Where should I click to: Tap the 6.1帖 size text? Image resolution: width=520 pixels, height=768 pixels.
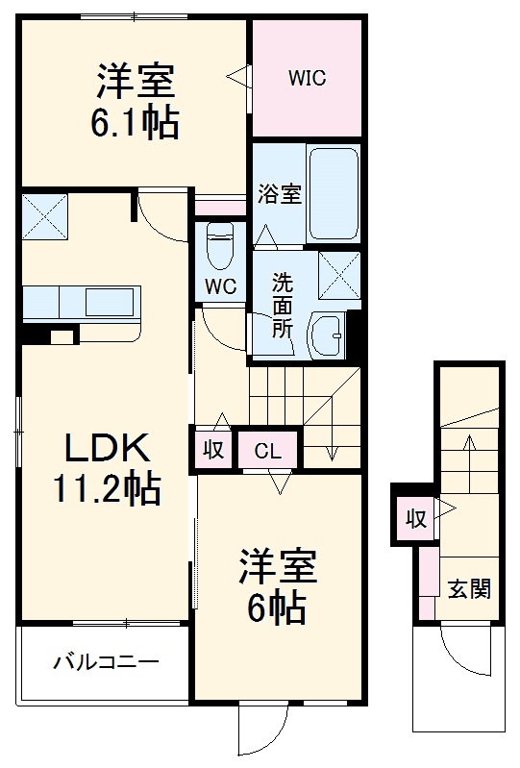[x=136, y=124]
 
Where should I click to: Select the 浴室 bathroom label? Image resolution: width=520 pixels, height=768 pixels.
[x=280, y=194]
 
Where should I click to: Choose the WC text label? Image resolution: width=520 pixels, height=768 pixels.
[x=219, y=286]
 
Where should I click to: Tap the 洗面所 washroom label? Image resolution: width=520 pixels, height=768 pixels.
[x=282, y=305]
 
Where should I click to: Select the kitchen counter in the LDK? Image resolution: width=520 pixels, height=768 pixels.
[x=83, y=301]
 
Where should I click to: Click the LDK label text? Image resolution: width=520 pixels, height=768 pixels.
[x=106, y=449]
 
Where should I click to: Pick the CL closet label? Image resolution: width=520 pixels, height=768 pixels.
[x=267, y=450]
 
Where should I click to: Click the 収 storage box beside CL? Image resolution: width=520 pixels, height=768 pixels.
[x=214, y=450]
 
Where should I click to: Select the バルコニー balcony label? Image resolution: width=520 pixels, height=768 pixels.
[x=105, y=662]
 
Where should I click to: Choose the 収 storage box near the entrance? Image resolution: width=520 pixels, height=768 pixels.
[x=414, y=520]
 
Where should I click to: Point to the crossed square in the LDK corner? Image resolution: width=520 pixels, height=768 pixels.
[x=46, y=216]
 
